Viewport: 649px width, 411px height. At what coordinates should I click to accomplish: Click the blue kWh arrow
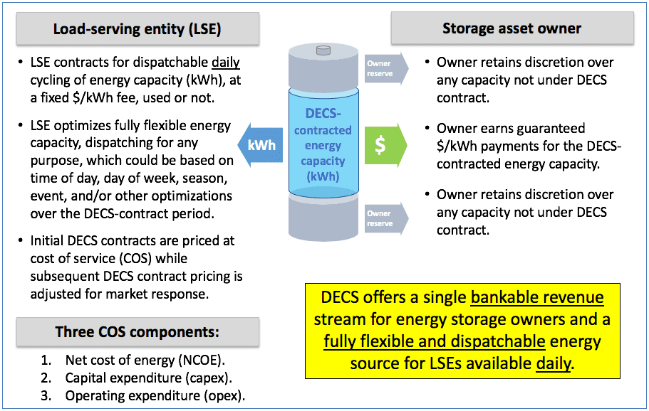260,145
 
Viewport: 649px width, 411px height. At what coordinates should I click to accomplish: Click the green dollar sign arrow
385,145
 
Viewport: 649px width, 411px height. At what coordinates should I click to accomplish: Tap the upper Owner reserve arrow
386,68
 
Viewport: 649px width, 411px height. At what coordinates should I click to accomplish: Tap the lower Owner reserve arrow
386,218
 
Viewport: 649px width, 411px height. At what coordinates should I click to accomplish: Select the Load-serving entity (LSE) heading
137,29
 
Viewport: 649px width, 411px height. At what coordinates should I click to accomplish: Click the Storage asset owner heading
512,28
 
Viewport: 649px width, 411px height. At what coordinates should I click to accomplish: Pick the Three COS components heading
137,332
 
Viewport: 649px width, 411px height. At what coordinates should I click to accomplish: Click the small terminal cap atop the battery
323,50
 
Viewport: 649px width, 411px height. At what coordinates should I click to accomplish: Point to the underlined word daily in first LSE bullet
226,63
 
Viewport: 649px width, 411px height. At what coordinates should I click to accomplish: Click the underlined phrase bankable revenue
537,297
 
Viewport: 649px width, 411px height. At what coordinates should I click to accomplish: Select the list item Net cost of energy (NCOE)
145,361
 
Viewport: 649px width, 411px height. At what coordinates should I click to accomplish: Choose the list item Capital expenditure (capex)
149,378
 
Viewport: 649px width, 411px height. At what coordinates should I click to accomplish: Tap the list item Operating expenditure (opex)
155,396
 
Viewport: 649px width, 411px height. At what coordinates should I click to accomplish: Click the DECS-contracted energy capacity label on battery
323,145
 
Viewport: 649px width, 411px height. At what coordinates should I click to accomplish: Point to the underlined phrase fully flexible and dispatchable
435,341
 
